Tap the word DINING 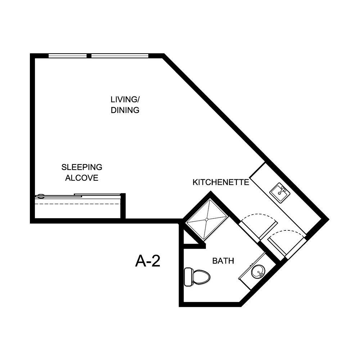[x=125, y=111]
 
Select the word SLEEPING [x=82, y=167]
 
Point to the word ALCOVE [x=82, y=178]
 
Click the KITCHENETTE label [x=221, y=182]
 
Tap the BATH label [x=223, y=261]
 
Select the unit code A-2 [x=148, y=261]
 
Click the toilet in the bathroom [x=199, y=277]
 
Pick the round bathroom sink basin [x=258, y=271]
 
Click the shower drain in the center [x=207, y=219]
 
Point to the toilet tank [x=188, y=277]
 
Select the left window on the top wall [x=68, y=56]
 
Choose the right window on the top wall [x=120, y=56]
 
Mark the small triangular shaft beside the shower [x=188, y=239]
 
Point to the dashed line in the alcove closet [x=77, y=204]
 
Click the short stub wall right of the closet [x=123, y=206]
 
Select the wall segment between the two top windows [x=89, y=56]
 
